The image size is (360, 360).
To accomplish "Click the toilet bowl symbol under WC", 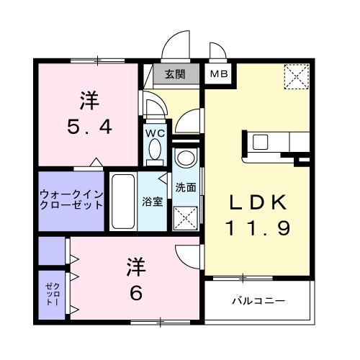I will tap(154, 150).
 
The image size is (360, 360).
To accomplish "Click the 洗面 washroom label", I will tap(186, 187).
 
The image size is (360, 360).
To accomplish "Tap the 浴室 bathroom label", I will tap(153, 202).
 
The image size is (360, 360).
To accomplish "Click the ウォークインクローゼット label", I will tap(70, 199).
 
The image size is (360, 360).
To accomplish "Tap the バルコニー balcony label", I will tap(258, 300).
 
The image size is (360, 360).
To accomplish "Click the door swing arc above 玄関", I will tap(174, 49).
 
